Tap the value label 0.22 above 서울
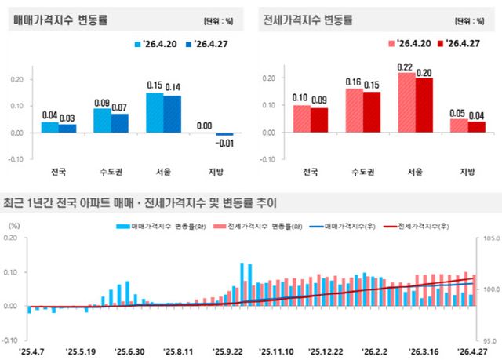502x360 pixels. coord(405,66)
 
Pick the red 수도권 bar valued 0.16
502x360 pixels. coord(355,110)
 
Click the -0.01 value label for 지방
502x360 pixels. coord(225,143)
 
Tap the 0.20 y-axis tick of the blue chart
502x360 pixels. coord(16,78)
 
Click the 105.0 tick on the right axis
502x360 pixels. coord(486,238)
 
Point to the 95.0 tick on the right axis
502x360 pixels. coord(487,341)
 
